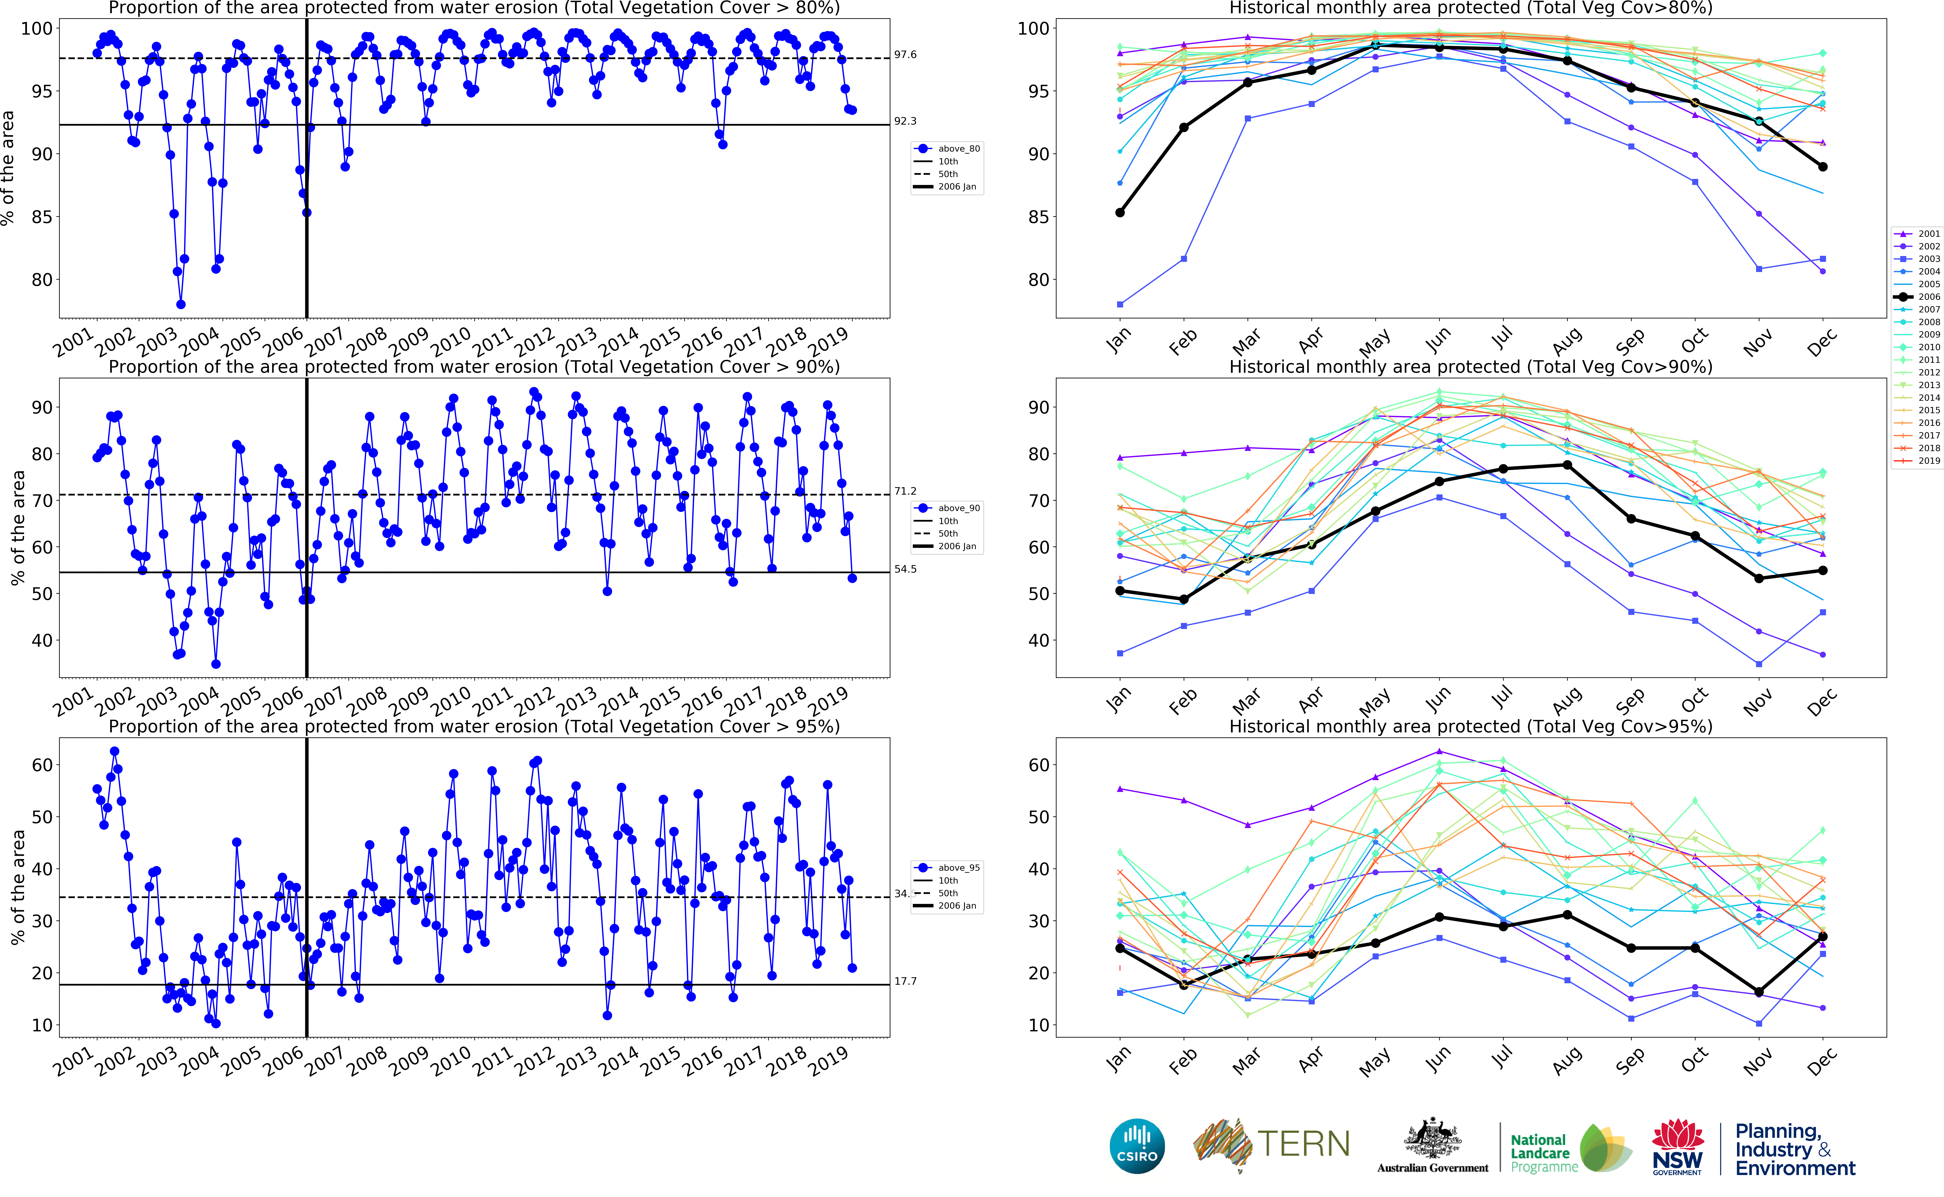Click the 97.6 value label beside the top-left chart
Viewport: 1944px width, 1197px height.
905,55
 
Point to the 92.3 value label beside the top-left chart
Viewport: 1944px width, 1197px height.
905,121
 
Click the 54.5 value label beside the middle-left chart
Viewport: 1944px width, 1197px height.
905,569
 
